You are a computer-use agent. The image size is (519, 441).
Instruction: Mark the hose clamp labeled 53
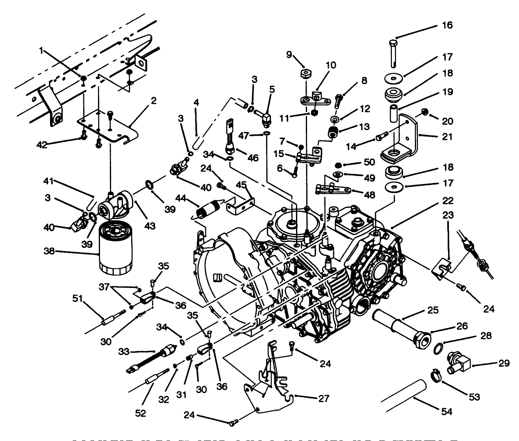click(436, 375)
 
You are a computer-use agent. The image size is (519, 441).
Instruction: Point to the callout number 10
click(330, 65)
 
